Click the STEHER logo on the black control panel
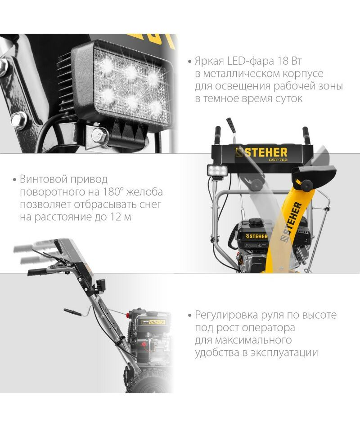tap(261, 152)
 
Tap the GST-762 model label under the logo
tap(278, 160)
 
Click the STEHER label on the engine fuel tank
tap(256, 236)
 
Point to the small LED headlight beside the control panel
tap(217, 171)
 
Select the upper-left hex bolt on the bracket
tap(3, 67)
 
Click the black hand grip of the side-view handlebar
tap(37, 272)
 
